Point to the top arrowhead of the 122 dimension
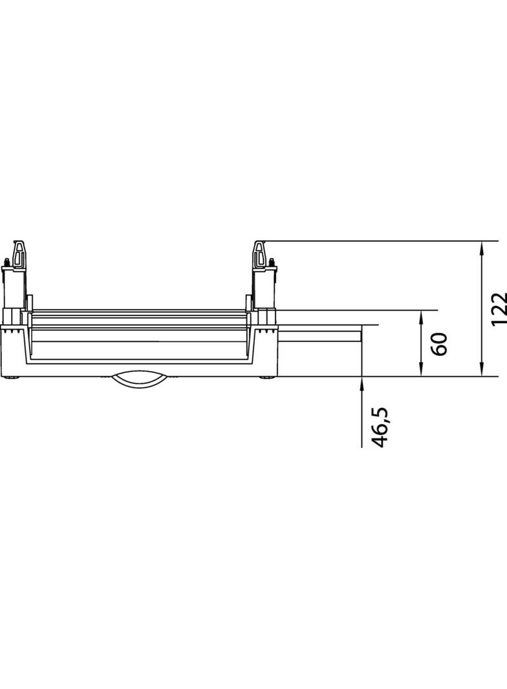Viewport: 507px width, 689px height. (482, 246)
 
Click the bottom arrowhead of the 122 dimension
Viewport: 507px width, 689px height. (482, 371)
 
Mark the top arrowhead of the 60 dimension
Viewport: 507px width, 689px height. (421, 315)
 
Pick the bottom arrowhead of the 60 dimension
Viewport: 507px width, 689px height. (421, 371)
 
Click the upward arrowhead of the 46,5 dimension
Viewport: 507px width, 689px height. (361, 381)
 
